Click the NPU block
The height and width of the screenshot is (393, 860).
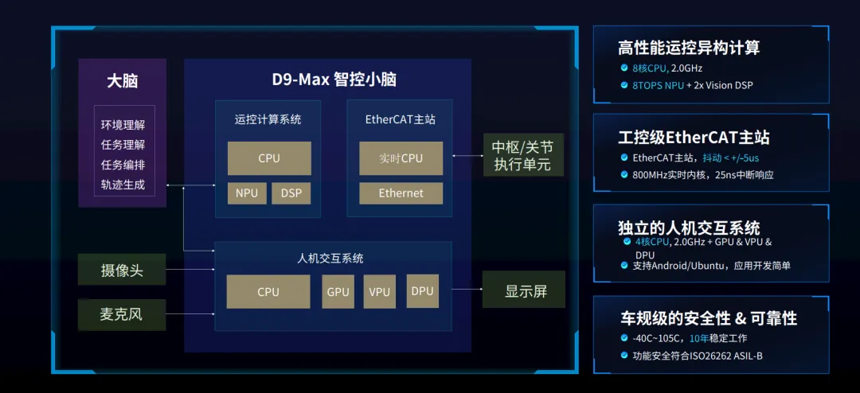[247, 193]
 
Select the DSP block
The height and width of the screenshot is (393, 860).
[291, 193]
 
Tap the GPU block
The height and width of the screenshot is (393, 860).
[338, 292]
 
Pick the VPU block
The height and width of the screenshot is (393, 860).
[380, 292]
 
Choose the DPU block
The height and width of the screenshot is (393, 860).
[423, 291]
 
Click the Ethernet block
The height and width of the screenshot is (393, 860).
[401, 193]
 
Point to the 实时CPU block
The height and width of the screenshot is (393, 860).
[401, 158]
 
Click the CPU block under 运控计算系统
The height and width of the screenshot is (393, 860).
[269, 158]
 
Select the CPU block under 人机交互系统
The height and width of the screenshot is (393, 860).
[268, 292]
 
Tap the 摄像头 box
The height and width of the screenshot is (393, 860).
[122, 270]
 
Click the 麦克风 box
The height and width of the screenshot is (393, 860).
[122, 314]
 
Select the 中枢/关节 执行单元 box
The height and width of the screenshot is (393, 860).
[522, 156]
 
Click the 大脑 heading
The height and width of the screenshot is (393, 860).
[123, 81]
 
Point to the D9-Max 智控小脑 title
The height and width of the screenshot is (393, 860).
[334, 80]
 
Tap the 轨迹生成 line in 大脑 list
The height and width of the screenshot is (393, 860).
[123, 185]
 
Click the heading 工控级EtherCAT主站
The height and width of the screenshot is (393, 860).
[694, 137]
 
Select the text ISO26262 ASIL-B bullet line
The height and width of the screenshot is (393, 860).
[698, 356]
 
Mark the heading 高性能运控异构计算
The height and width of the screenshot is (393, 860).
[689, 48]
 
